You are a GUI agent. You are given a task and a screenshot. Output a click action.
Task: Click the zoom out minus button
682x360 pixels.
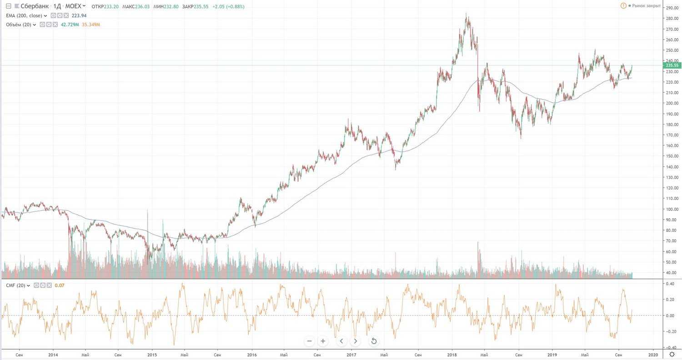[310, 341]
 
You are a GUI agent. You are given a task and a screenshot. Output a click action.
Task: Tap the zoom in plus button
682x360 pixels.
[323, 341]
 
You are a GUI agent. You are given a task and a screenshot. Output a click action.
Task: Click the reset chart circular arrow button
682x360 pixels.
[374, 341]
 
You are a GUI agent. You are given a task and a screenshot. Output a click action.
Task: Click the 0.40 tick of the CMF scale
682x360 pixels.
[670, 284]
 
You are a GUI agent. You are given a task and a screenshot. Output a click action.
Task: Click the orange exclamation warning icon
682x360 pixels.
[623, 5]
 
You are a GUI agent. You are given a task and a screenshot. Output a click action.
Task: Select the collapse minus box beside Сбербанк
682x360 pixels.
[8, 6]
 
